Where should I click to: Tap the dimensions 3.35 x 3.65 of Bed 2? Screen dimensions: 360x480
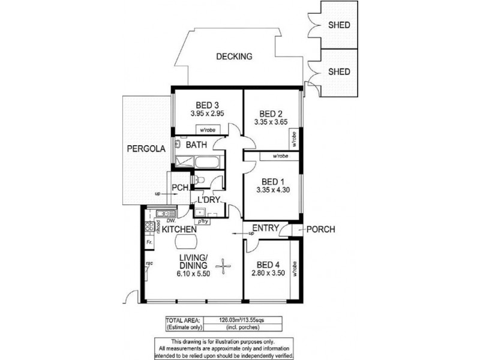pos(271,124)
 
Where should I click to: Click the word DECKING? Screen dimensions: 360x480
pos(234,57)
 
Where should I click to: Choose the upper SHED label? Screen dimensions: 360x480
pos(339,25)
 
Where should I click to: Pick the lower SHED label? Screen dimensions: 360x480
pos(339,71)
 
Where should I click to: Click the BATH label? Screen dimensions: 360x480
pos(196,145)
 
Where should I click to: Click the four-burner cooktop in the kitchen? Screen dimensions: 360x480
pos(148,227)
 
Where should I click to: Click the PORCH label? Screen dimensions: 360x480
pos(320,229)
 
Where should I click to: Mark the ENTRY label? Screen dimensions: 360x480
pos(264,227)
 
